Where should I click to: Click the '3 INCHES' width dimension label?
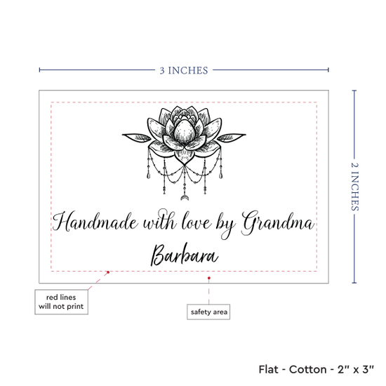tap(184, 70)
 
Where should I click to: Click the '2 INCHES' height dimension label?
tap(354, 187)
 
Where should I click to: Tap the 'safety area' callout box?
tap(208, 312)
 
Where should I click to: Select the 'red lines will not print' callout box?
tap(61, 302)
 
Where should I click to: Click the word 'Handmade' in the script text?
tap(95, 222)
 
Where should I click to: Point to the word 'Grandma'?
tap(278, 223)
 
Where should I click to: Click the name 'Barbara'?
tap(185, 255)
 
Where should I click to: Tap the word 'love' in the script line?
tap(197, 221)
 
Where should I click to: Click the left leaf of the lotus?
tap(137, 137)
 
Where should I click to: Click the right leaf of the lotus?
tap(232, 138)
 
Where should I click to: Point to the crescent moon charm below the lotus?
tap(184, 197)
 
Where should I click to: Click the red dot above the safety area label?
tap(209, 278)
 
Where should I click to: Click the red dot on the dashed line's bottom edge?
tap(108, 272)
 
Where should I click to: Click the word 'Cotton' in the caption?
tap(307, 369)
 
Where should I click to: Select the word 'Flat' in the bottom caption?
tap(268, 369)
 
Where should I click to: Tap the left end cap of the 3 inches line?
tap(39, 70)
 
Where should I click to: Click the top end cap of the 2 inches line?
tap(354, 91)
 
